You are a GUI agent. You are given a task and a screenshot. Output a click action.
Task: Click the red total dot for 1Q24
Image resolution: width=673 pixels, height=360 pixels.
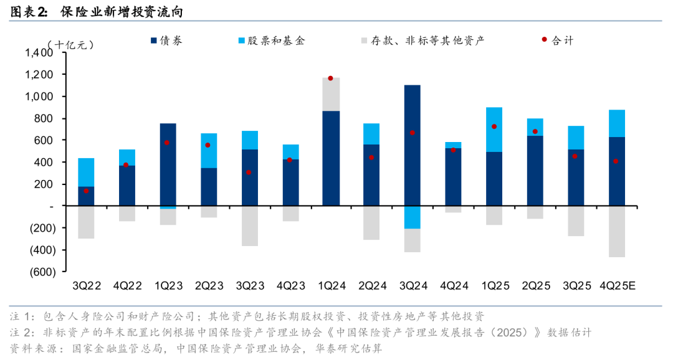tap(330, 78)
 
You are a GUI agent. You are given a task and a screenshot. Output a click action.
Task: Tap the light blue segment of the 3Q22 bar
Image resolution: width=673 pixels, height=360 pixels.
tap(86, 172)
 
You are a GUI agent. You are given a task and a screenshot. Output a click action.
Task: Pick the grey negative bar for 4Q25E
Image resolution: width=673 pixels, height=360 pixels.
tap(616, 231)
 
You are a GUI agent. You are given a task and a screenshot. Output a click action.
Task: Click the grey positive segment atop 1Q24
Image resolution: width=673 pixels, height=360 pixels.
tap(330, 94)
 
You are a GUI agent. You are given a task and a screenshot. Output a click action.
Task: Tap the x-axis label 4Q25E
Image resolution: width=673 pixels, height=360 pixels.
tap(616, 287)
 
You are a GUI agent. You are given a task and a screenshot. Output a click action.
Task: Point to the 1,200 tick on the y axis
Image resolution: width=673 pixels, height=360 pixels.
tap(39, 75)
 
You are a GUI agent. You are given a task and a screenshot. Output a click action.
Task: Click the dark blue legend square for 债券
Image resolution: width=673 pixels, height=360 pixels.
tap(154, 41)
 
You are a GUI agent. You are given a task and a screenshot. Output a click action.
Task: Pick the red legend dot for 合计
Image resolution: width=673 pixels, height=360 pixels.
tap(544, 40)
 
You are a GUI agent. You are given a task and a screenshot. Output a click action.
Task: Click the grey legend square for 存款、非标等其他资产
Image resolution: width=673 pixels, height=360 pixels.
tap(363, 41)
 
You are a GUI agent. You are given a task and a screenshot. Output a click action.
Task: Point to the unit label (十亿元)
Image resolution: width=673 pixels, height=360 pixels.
tap(70, 45)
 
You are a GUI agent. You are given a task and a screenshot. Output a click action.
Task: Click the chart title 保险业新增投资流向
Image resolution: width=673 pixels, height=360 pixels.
tap(122, 11)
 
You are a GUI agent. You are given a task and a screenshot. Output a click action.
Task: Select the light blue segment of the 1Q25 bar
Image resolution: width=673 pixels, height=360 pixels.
tap(494, 130)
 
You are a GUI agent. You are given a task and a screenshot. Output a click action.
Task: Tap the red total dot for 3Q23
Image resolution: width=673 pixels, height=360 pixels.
tap(249, 173)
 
